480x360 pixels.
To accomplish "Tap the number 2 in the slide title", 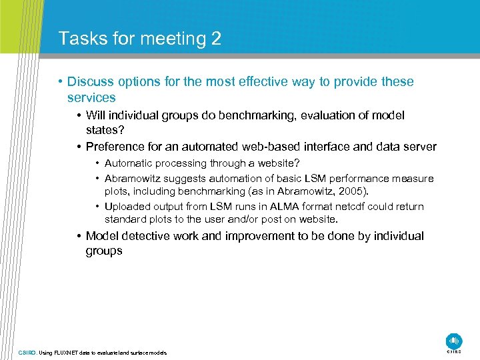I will point(215,39).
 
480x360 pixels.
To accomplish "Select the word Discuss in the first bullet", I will point(91,82).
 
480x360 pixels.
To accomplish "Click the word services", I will point(91,97).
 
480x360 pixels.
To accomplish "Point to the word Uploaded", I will point(129,207).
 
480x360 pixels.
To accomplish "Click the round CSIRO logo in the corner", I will point(454,340).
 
